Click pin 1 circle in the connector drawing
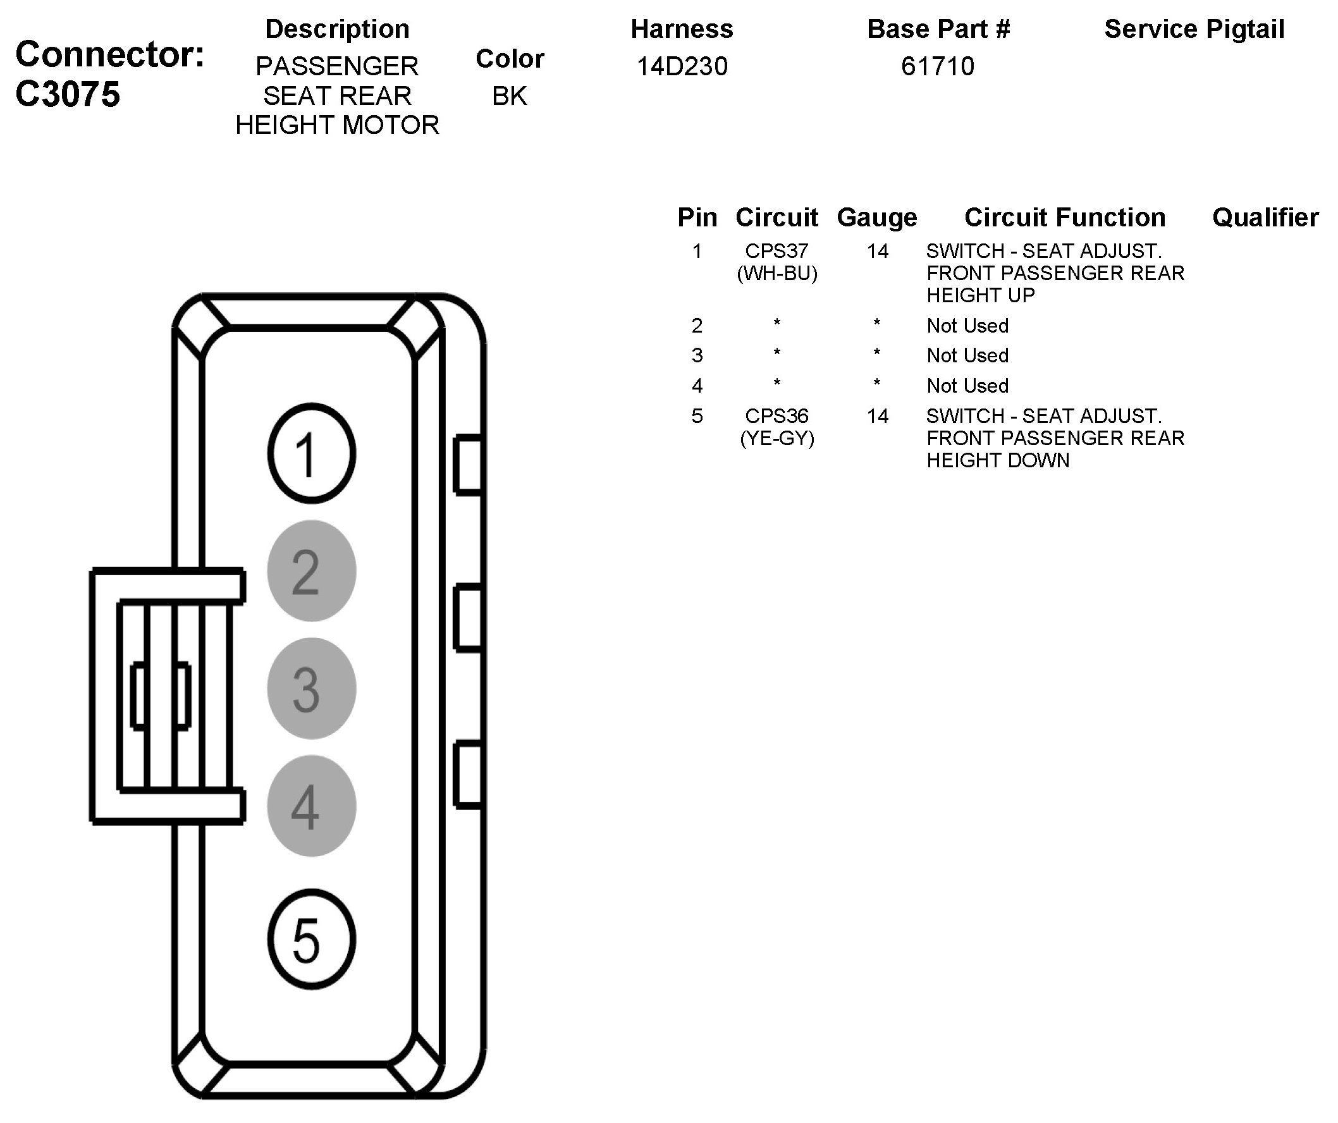tap(312, 453)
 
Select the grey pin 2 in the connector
tap(312, 571)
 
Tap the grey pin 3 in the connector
tap(312, 689)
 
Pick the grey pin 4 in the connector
tap(312, 806)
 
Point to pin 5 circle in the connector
tap(312, 940)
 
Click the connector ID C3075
tap(68, 94)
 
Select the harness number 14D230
tap(682, 66)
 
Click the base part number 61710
tap(937, 66)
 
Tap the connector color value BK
tap(510, 96)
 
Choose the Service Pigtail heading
tap(1194, 29)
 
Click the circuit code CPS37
tap(776, 251)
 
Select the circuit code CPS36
tap(776, 416)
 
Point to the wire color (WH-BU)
tap(776, 273)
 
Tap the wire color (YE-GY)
tap(776, 438)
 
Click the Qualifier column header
tap(1265, 218)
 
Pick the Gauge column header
tap(876, 218)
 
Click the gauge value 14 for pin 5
tap(877, 416)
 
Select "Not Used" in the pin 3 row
tap(967, 355)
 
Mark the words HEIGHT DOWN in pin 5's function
tap(998, 460)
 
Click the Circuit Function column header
tap(1065, 218)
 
